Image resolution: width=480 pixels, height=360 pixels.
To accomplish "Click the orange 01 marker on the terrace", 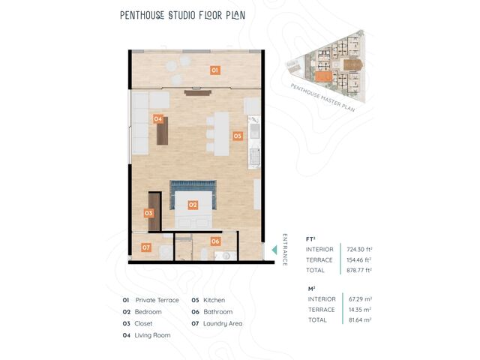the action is pyautogui.click(x=215, y=70).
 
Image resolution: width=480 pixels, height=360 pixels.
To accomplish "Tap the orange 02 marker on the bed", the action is pyautogui.click(x=193, y=205).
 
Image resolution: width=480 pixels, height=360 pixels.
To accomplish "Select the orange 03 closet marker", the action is pyautogui.click(x=148, y=213).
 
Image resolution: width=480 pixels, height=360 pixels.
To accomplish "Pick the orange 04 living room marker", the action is pyautogui.click(x=158, y=118).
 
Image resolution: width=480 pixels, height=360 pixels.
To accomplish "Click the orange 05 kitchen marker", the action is pyautogui.click(x=238, y=136).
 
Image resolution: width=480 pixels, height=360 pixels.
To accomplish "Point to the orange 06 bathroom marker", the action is pyautogui.click(x=215, y=241).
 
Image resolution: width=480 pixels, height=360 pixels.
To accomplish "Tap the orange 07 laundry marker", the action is pyautogui.click(x=146, y=247).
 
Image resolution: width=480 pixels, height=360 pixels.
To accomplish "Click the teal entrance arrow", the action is pyautogui.click(x=274, y=250).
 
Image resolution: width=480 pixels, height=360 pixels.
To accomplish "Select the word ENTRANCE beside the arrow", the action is pyautogui.click(x=285, y=250).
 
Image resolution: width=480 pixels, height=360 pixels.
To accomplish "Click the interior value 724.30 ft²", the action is pyautogui.click(x=359, y=250).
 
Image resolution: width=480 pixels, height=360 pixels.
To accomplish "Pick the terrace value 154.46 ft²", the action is pyautogui.click(x=358, y=260).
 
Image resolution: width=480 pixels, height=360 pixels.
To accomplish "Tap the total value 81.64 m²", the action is pyautogui.click(x=360, y=320).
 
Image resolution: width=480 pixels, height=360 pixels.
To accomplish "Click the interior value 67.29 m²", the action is pyautogui.click(x=360, y=299).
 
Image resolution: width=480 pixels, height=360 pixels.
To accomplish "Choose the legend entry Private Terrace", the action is pyautogui.click(x=157, y=300).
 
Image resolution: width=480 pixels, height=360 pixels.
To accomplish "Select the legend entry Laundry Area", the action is pyautogui.click(x=223, y=323).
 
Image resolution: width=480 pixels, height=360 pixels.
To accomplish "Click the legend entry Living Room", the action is pyautogui.click(x=152, y=335).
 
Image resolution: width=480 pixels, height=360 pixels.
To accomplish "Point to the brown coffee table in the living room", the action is pyautogui.click(x=163, y=131).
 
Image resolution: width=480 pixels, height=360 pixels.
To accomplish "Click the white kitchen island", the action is pyautogui.click(x=222, y=134).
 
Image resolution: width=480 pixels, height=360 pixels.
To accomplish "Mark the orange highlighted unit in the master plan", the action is pyautogui.click(x=323, y=76).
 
